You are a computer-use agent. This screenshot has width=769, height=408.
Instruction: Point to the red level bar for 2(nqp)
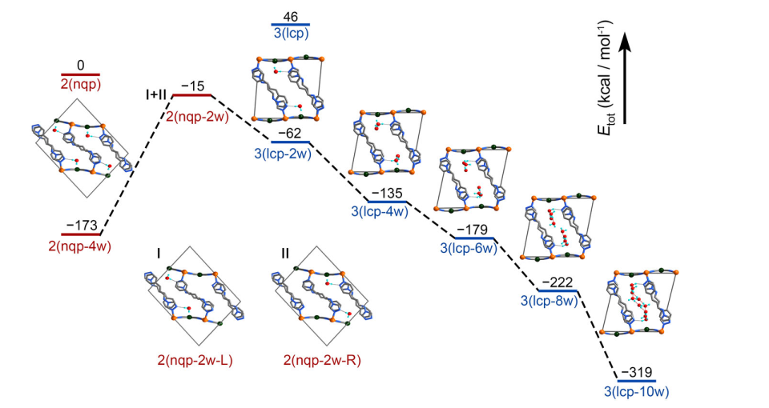click(x=80, y=74)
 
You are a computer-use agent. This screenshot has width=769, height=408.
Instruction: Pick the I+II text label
click(x=151, y=95)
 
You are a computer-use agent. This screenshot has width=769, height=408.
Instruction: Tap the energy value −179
click(x=475, y=230)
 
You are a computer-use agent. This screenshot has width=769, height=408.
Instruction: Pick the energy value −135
click(x=387, y=192)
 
